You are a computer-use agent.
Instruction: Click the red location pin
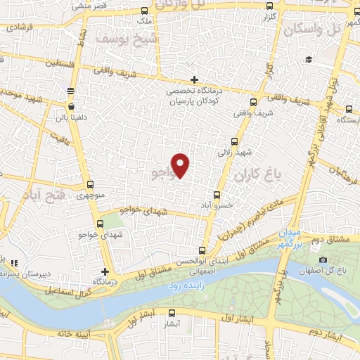(x=181, y=165)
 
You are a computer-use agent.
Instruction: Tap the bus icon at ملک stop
(x=145, y=11)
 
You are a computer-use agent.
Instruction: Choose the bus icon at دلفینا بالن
(x=70, y=91)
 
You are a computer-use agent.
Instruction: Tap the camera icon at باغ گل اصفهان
(x=322, y=260)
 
